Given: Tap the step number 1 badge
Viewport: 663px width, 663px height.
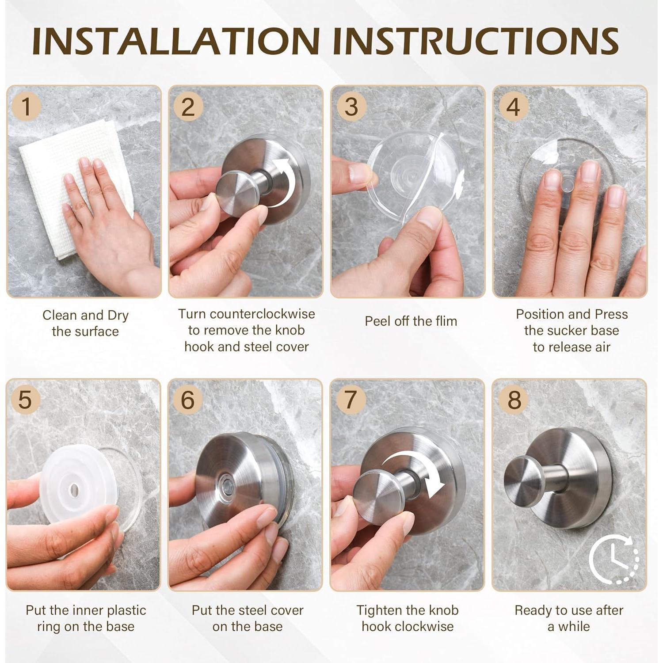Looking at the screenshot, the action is click(27, 107).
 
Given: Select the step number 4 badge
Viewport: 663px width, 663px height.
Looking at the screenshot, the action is click(513, 107).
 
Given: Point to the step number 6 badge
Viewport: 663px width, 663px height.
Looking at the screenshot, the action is click(188, 400).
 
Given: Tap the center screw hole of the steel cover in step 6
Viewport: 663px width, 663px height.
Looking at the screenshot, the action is click(226, 482).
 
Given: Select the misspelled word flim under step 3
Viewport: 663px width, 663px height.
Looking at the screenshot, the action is click(443, 321).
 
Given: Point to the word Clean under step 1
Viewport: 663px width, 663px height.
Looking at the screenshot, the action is click(60, 315).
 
